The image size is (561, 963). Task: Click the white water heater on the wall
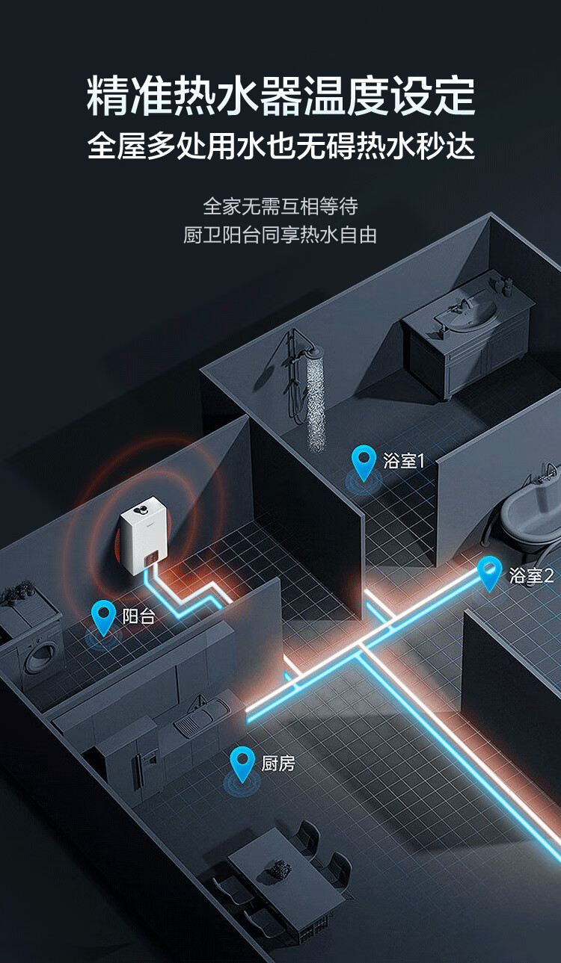pos(147,536)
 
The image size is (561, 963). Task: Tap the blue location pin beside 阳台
pos(103,617)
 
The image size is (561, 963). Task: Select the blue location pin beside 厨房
pos(242,763)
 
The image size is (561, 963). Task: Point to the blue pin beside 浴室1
pos(364,462)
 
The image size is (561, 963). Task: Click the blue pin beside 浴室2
pos(490,572)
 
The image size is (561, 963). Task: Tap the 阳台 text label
pos(139,617)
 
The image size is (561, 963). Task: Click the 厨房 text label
pos(278,764)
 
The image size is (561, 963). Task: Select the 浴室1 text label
pos(403,460)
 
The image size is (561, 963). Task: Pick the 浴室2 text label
pos(531,575)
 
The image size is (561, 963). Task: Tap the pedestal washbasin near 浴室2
pos(527,509)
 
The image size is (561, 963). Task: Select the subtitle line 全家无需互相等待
pos(280,205)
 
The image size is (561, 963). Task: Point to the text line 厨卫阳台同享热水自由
pos(280,235)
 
